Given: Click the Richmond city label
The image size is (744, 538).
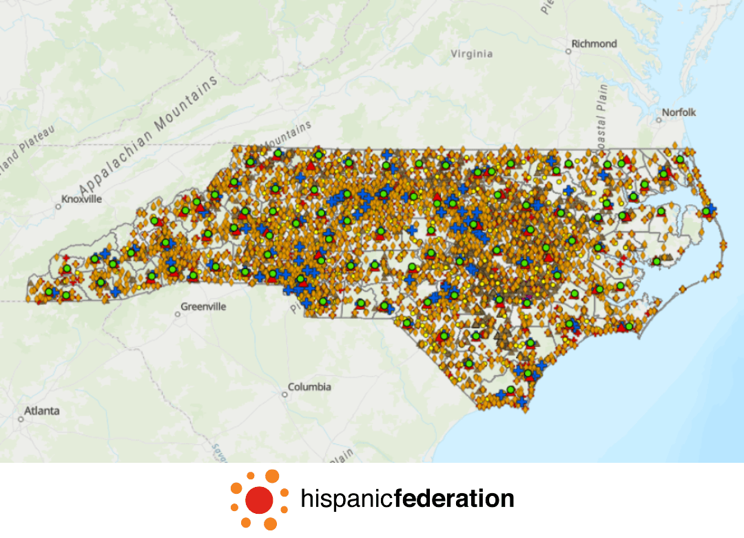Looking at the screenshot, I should pos(595,43).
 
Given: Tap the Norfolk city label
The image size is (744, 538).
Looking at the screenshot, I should pos(679,112).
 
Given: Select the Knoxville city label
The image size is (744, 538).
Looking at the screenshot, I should pos(81,199).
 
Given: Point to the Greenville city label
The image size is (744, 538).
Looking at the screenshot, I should pos(203,306).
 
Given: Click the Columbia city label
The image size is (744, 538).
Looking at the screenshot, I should pos(309,387).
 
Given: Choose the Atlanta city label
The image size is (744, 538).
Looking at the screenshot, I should pos(42,410).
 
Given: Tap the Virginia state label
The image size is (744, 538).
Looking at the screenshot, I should pos(472,54).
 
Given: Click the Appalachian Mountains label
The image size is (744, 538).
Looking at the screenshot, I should pos(148,136).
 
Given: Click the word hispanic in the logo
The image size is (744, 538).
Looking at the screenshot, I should pos(346,498).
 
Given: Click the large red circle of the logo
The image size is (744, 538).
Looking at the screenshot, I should pos(259,499).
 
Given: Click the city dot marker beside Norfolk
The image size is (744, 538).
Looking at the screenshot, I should pos(659,119).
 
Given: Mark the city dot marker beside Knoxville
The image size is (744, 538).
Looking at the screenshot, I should pos(59,206).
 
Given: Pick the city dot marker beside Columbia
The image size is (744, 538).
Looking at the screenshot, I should pos(285,395).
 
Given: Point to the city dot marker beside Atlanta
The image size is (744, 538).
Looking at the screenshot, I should pos(21,418).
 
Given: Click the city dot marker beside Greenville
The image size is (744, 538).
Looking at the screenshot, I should pos(178,314).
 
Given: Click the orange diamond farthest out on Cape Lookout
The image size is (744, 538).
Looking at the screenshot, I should pos(683,288).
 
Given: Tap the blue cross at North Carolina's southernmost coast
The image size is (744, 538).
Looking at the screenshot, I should pos(522,401).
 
